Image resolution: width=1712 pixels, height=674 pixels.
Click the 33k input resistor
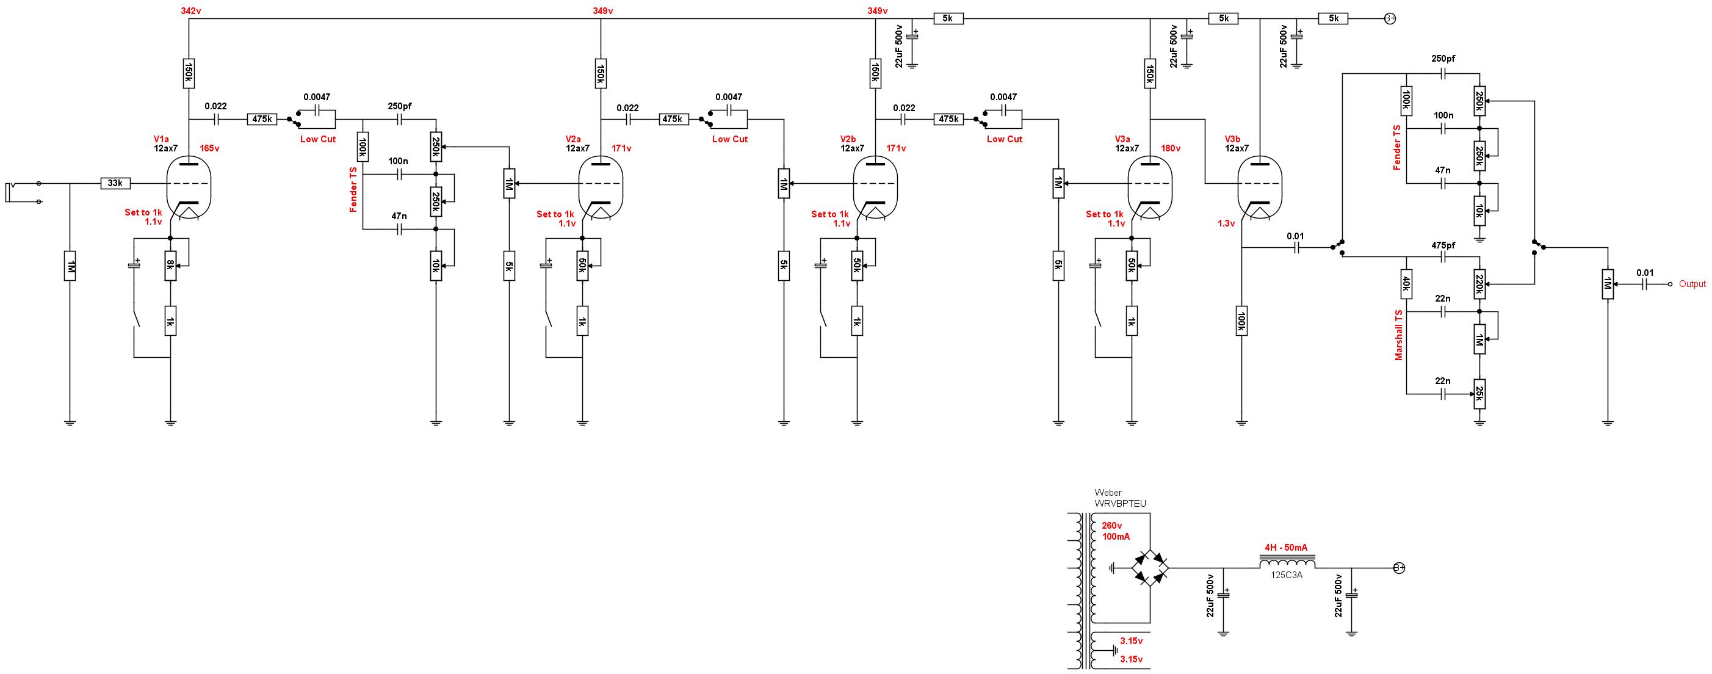click(115, 183)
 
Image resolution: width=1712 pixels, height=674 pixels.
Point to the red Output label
click(1692, 284)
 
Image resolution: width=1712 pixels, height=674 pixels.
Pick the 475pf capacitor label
click(1443, 245)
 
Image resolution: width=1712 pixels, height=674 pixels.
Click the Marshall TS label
click(1399, 335)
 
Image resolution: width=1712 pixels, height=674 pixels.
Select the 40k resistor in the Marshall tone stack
click(1406, 284)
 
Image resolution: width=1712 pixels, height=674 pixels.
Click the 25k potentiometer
click(1479, 394)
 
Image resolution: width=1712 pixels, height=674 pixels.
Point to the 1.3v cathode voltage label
click(1226, 223)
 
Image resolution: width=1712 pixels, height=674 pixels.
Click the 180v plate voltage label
click(1171, 148)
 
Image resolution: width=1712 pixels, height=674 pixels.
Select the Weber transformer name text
click(1120, 498)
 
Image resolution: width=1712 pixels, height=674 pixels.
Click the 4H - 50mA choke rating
click(1285, 548)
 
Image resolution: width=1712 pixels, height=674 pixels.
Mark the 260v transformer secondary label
click(1113, 525)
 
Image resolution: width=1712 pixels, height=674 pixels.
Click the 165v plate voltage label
click(209, 148)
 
